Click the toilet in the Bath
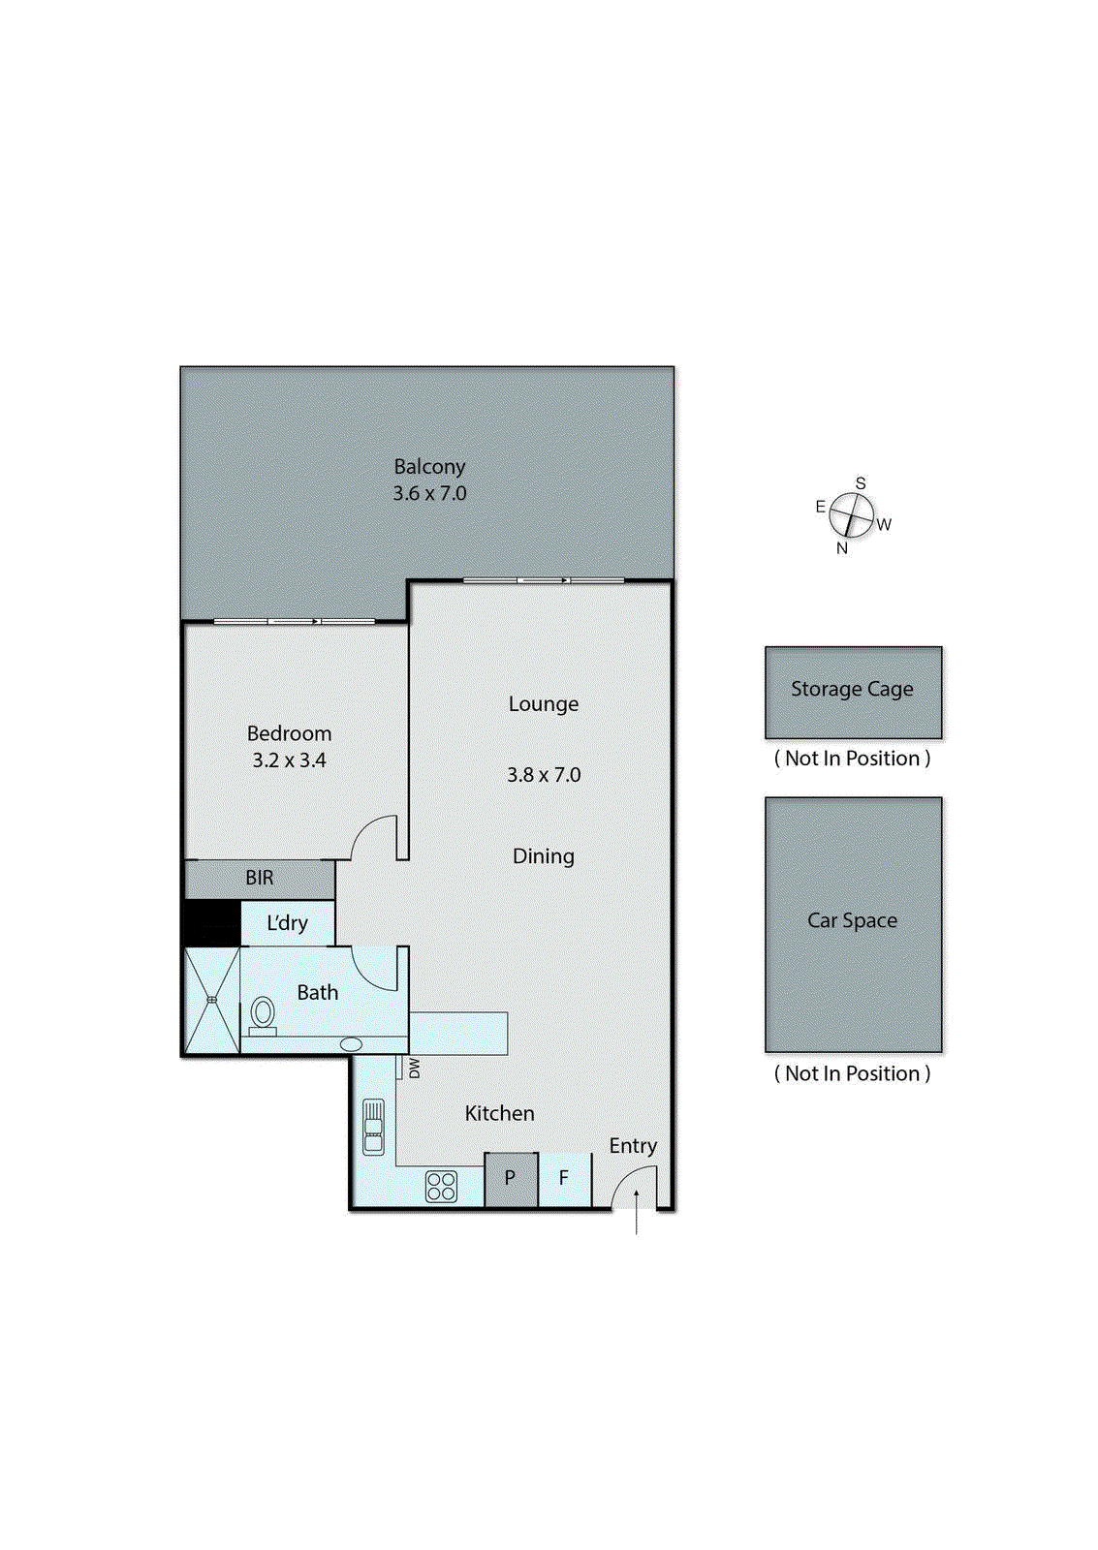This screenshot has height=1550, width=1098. pos(263,1013)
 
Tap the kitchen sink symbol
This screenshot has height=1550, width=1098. pos(373,1127)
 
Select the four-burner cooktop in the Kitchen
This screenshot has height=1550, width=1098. pos(441,1186)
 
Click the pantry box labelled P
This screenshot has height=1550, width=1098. pos(510,1179)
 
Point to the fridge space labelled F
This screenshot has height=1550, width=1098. pos(564,1179)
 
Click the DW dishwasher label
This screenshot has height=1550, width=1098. pos(415,1068)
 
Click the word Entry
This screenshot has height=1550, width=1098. pos(633,1145)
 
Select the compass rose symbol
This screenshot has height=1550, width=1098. pos(851,514)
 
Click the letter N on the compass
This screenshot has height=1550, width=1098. pos(841,547)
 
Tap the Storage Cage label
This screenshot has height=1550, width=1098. pos(852,689)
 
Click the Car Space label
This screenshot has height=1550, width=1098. pos(852,920)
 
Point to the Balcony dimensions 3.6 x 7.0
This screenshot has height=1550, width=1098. pos(429,493)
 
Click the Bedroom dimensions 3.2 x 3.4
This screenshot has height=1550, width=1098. pos(289,760)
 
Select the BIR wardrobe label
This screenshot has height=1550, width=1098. pos(259,878)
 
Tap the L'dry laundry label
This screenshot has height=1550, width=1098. pos(287,923)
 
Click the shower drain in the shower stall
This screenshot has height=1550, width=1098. pos(211,1000)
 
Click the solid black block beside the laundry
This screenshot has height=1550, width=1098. pos(211,923)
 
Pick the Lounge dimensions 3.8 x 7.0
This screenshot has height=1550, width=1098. pos(544,775)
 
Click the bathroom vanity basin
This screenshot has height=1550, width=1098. pos(351,1044)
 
